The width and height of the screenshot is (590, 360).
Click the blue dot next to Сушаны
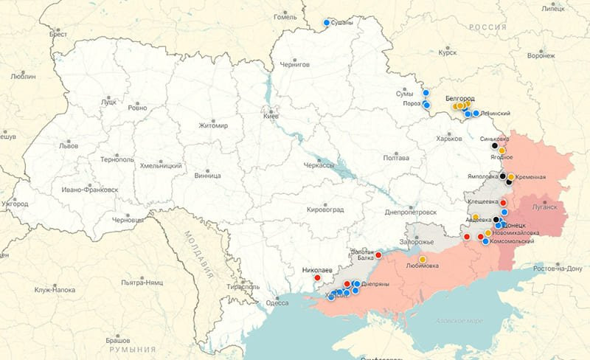pyautogui.click(x=326, y=22)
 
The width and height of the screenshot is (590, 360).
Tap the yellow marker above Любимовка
pyautogui.click(x=423, y=259)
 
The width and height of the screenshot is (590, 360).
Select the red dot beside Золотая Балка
pyautogui.click(x=378, y=255)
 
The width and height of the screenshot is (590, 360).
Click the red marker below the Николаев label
pyautogui.click(x=317, y=278)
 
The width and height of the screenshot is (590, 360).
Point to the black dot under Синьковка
pyautogui.click(x=495, y=146)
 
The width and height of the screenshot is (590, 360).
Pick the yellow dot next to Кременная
pyautogui.click(x=511, y=177)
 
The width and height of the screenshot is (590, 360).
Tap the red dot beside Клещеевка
pyautogui.click(x=504, y=202)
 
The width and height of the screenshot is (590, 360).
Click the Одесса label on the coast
pyautogui.click(x=277, y=302)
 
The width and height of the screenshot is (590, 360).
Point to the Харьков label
pyautogui.click(x=448, y=139)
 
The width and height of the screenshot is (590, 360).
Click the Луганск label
pyautogui.click(x=544, y=209)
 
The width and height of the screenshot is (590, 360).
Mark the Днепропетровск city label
pyautogui.click(x=411, y=212)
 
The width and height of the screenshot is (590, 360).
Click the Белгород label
pyautogui.click(x=459, y=98)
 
